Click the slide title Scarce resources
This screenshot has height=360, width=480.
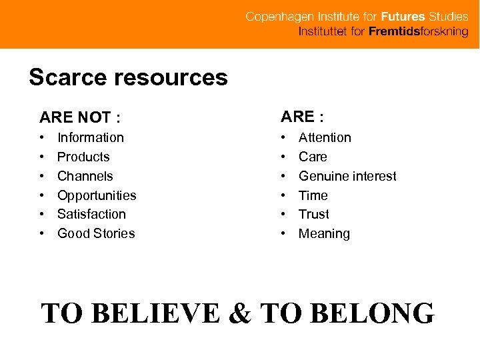point(128,78)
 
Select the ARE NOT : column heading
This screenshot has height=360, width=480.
point(80,118)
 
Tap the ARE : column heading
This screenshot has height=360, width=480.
point(302,117)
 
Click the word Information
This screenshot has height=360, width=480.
point(91,137)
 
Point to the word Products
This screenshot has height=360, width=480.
point(83,157)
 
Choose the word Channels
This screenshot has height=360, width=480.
point(85,176)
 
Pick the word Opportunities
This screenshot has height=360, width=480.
point(97,195)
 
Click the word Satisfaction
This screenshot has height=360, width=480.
point(91,214)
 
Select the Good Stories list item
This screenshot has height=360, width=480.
point(96,233)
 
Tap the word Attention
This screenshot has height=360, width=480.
point(325,137)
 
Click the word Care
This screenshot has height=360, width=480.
point(313,157)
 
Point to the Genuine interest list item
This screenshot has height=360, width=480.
point(347,176)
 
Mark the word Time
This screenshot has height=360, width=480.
point(313,195)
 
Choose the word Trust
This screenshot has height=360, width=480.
point(314,214)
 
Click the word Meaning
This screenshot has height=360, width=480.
point(324,233)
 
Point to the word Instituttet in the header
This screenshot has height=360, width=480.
point(323,31)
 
